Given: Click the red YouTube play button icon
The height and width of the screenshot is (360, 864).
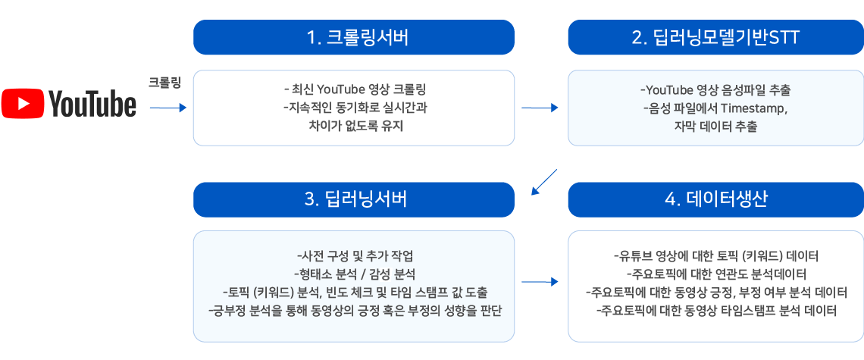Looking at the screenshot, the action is [x=23, y=104].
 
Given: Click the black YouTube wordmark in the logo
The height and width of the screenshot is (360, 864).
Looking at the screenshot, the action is [x=92, y=104].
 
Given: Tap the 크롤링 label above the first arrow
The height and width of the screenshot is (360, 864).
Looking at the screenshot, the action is [x=164, y=83].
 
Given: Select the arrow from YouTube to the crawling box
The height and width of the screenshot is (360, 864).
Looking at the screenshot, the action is [x=168, y=108].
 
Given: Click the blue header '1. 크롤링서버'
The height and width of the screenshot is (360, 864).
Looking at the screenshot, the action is [x=354, y=37].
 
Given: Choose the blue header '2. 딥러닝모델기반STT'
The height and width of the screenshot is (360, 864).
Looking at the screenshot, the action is [x=715, y=37].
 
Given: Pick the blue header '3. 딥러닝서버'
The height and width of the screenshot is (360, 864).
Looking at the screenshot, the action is [x=354, y=199].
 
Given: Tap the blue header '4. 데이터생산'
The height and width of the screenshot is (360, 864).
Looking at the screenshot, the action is [x=715, y=199].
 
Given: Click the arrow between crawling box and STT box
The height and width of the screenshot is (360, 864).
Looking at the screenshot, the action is [x=540, y=108].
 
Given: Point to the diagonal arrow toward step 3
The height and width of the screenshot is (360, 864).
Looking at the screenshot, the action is [x=544, y=182].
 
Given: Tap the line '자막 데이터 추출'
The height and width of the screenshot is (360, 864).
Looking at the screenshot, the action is [x=715, y=127].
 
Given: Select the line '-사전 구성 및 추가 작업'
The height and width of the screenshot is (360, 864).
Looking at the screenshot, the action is [x=355, y=256].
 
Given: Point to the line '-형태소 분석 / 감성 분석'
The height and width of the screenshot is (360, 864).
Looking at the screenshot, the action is [x=355, y=274].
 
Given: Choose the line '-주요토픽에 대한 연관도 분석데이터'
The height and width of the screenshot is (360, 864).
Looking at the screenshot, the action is [x=716, y=274].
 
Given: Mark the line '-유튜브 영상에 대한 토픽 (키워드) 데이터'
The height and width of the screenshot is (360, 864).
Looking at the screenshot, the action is [x=716, y=256].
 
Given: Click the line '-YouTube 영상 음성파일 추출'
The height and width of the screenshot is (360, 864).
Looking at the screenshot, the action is [x=716, y=89].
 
